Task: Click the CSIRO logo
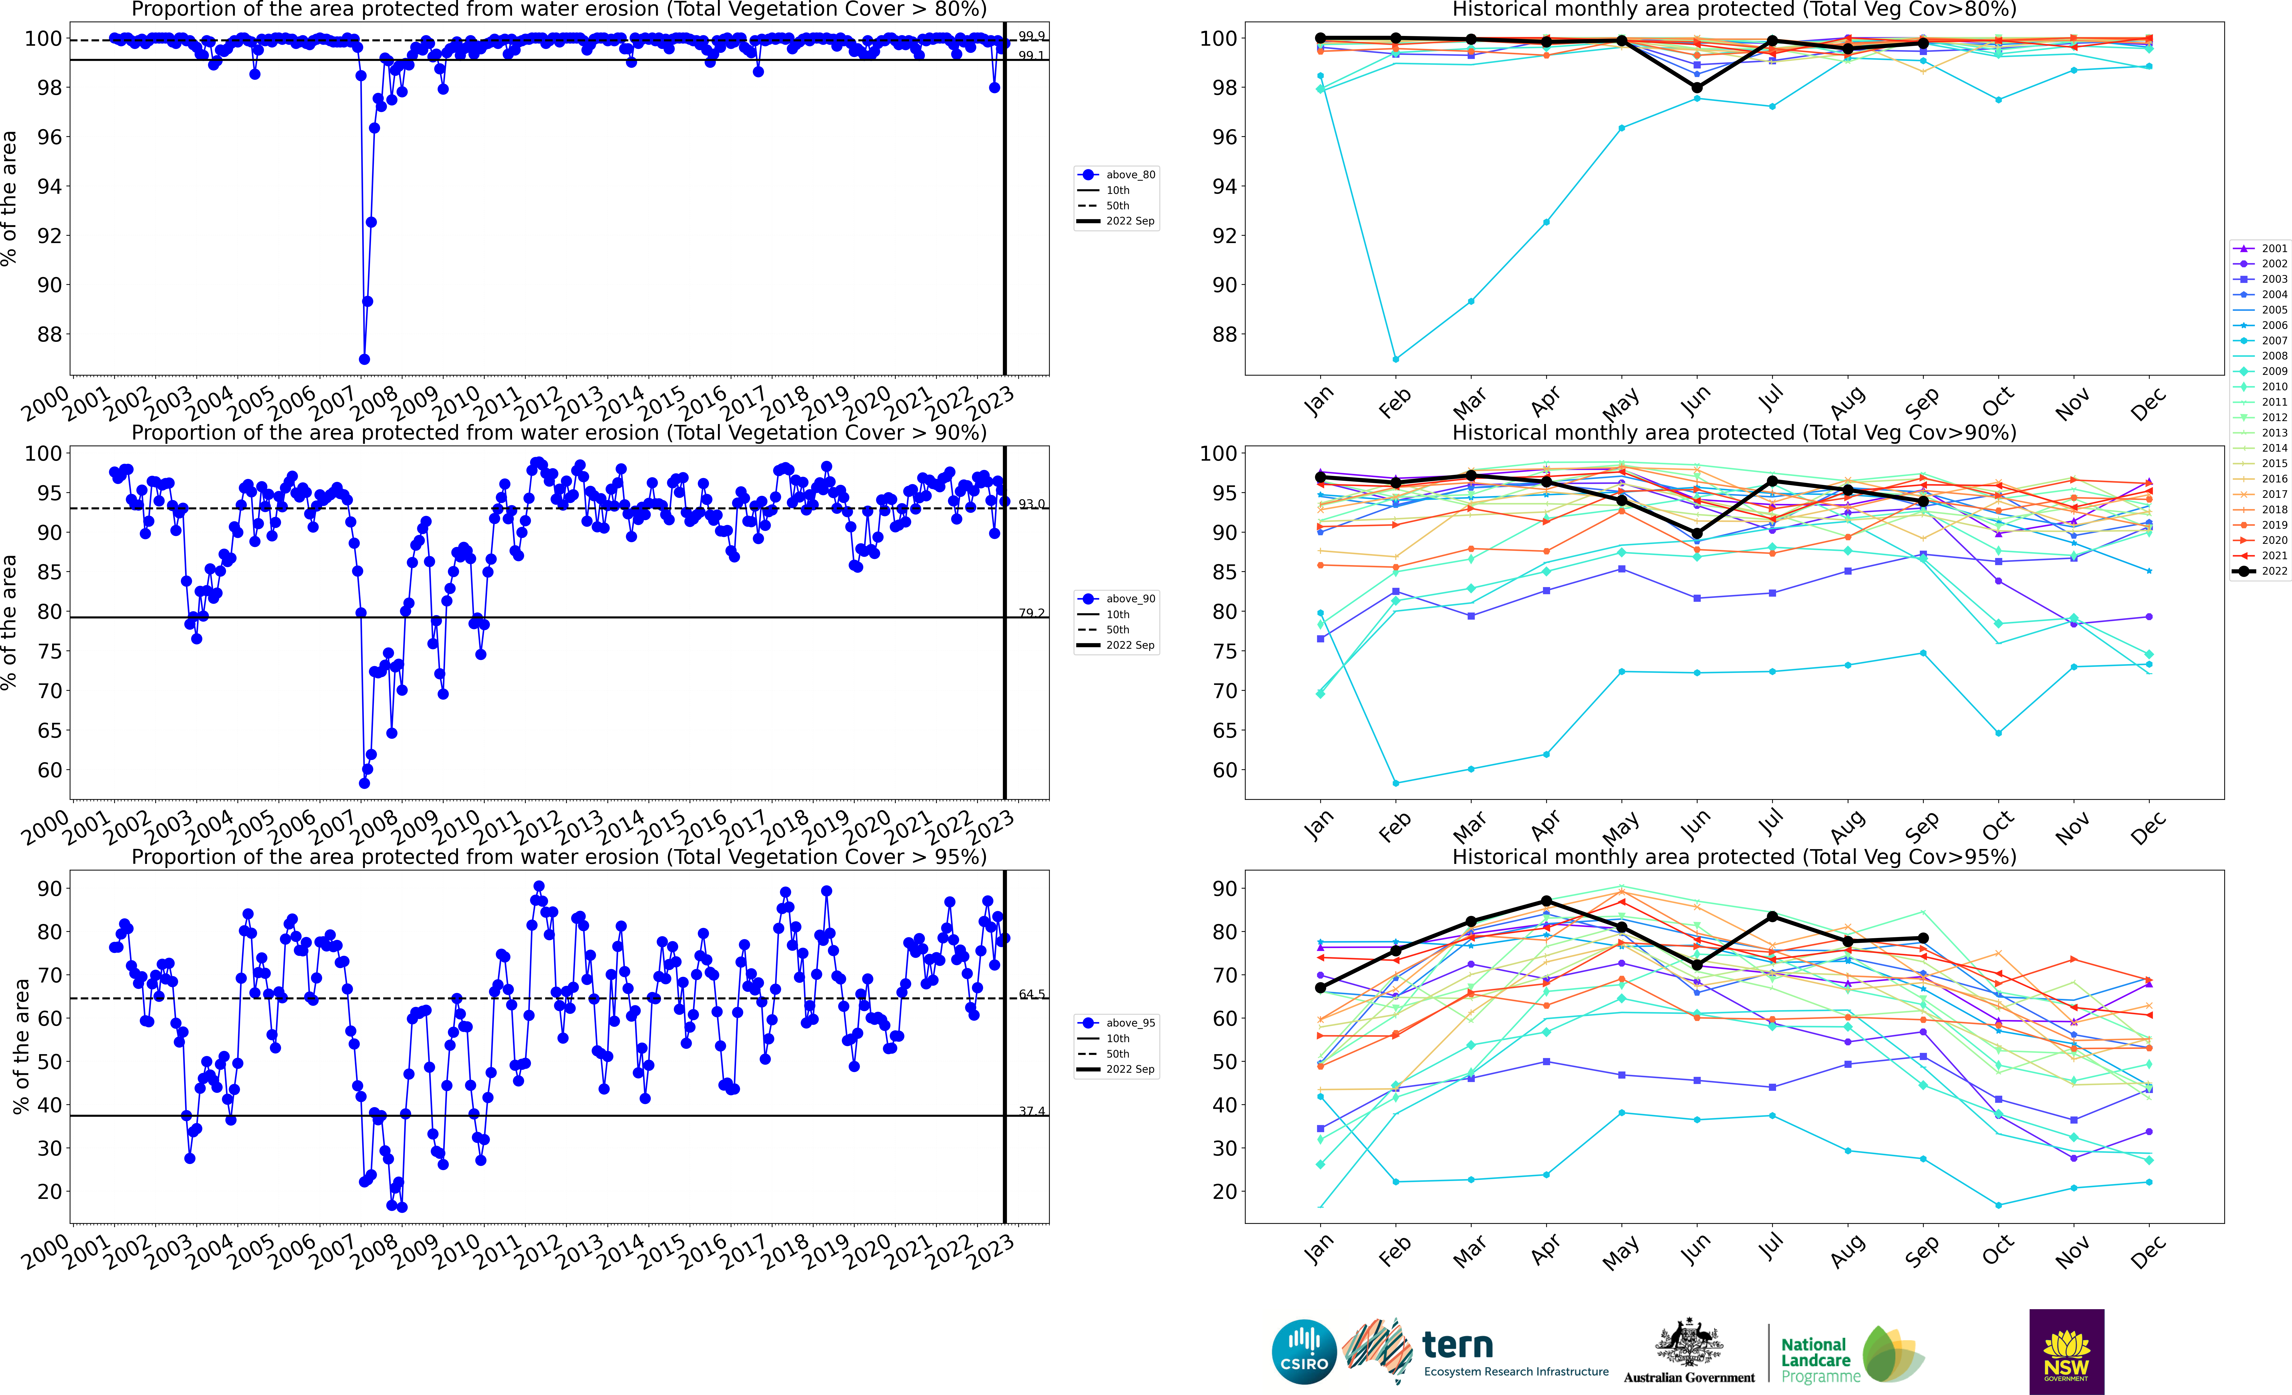(x=1303, y=1351)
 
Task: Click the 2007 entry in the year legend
(x=2260, y=340)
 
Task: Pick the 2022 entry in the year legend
(x=2260, y=571)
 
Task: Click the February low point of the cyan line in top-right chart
(x=1395, y=359)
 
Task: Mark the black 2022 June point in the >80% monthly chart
(x=1697, y=88)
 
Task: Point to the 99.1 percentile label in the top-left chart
(x=1031, y=56)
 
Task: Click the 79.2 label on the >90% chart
(x=1031, y=613)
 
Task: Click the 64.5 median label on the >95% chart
(x=1031, y=994)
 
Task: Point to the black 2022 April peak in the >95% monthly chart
(x=1546, y=901)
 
